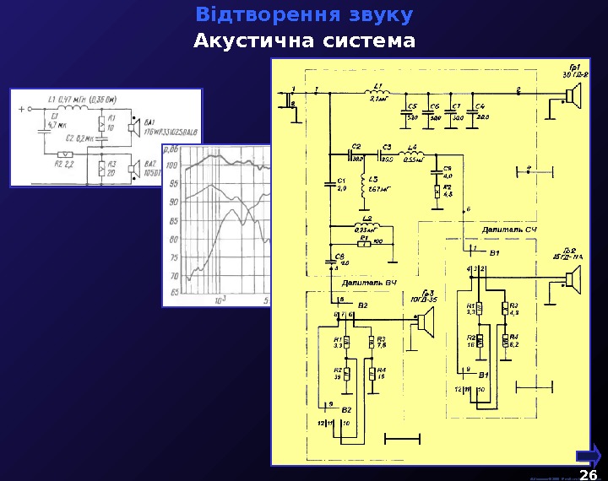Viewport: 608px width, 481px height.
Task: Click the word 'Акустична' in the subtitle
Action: [x=245, y=41]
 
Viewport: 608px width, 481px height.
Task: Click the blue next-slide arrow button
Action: [x=589, y=454]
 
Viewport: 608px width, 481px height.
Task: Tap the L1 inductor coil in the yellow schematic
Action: [x=377, y=92]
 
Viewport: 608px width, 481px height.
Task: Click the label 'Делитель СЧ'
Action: [x=509, y=229]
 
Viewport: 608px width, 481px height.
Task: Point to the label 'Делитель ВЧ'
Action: [x=369, y=283]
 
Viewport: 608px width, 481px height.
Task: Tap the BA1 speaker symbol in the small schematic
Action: [x=133, y=128]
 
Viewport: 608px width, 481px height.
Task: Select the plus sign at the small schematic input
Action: [x=19, y=109]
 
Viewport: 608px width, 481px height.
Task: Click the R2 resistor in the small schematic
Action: [x=64, y=154]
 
